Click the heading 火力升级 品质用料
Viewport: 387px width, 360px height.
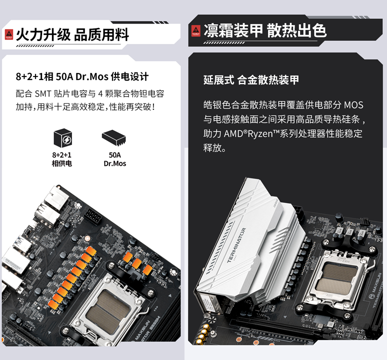pos(72,34)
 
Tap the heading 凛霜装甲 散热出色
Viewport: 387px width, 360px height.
pos(265,30)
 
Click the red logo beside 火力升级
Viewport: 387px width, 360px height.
pos(9,34)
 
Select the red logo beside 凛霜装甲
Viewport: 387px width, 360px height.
pos(196,31)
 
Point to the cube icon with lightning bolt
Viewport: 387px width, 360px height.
pos(63,137)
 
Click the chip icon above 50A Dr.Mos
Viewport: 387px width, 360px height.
pos(114,137)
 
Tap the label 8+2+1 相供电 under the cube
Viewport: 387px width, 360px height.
pos(61,159)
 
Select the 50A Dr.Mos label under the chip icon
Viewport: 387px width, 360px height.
pos(115,159)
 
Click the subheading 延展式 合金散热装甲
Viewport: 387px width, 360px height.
pos(251,80)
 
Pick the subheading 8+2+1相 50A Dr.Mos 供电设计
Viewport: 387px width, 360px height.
pos(82,76)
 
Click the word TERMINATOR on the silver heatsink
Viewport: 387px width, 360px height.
pos(236,245)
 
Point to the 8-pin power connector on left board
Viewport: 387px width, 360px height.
pos(93,216)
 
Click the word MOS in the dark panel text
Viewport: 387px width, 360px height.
pos(353,105)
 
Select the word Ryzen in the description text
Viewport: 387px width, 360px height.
pos(260,134)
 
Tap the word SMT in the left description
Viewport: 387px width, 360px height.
pos(43,94)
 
